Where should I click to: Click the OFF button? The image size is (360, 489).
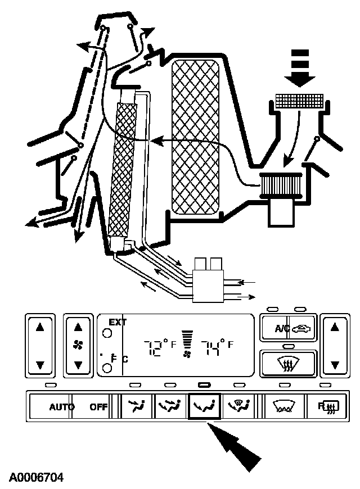pyautogui.click(x=99, y=407)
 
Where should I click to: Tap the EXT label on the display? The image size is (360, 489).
pyautogui.click(x=118, y=322)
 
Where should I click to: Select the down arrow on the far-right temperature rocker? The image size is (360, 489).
pyautogui.click(x=335, y=364)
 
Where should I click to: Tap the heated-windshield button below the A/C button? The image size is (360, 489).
pyautogui.click(x=288, y=362)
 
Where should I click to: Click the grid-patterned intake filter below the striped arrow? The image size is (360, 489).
pyautogui.click(x=300, y=101)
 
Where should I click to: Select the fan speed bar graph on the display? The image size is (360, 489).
pyautogui.click(x=187, y=343)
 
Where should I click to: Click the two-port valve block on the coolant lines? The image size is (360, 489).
pyautogui.click(x=208, y=277)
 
